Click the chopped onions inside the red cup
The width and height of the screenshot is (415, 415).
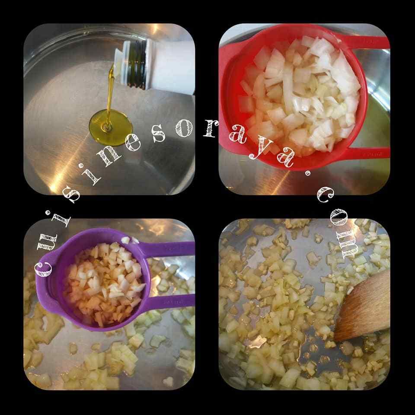[299, 95]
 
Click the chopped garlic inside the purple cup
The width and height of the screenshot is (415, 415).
[105, 283]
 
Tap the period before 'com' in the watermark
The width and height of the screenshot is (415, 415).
[307, 174]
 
